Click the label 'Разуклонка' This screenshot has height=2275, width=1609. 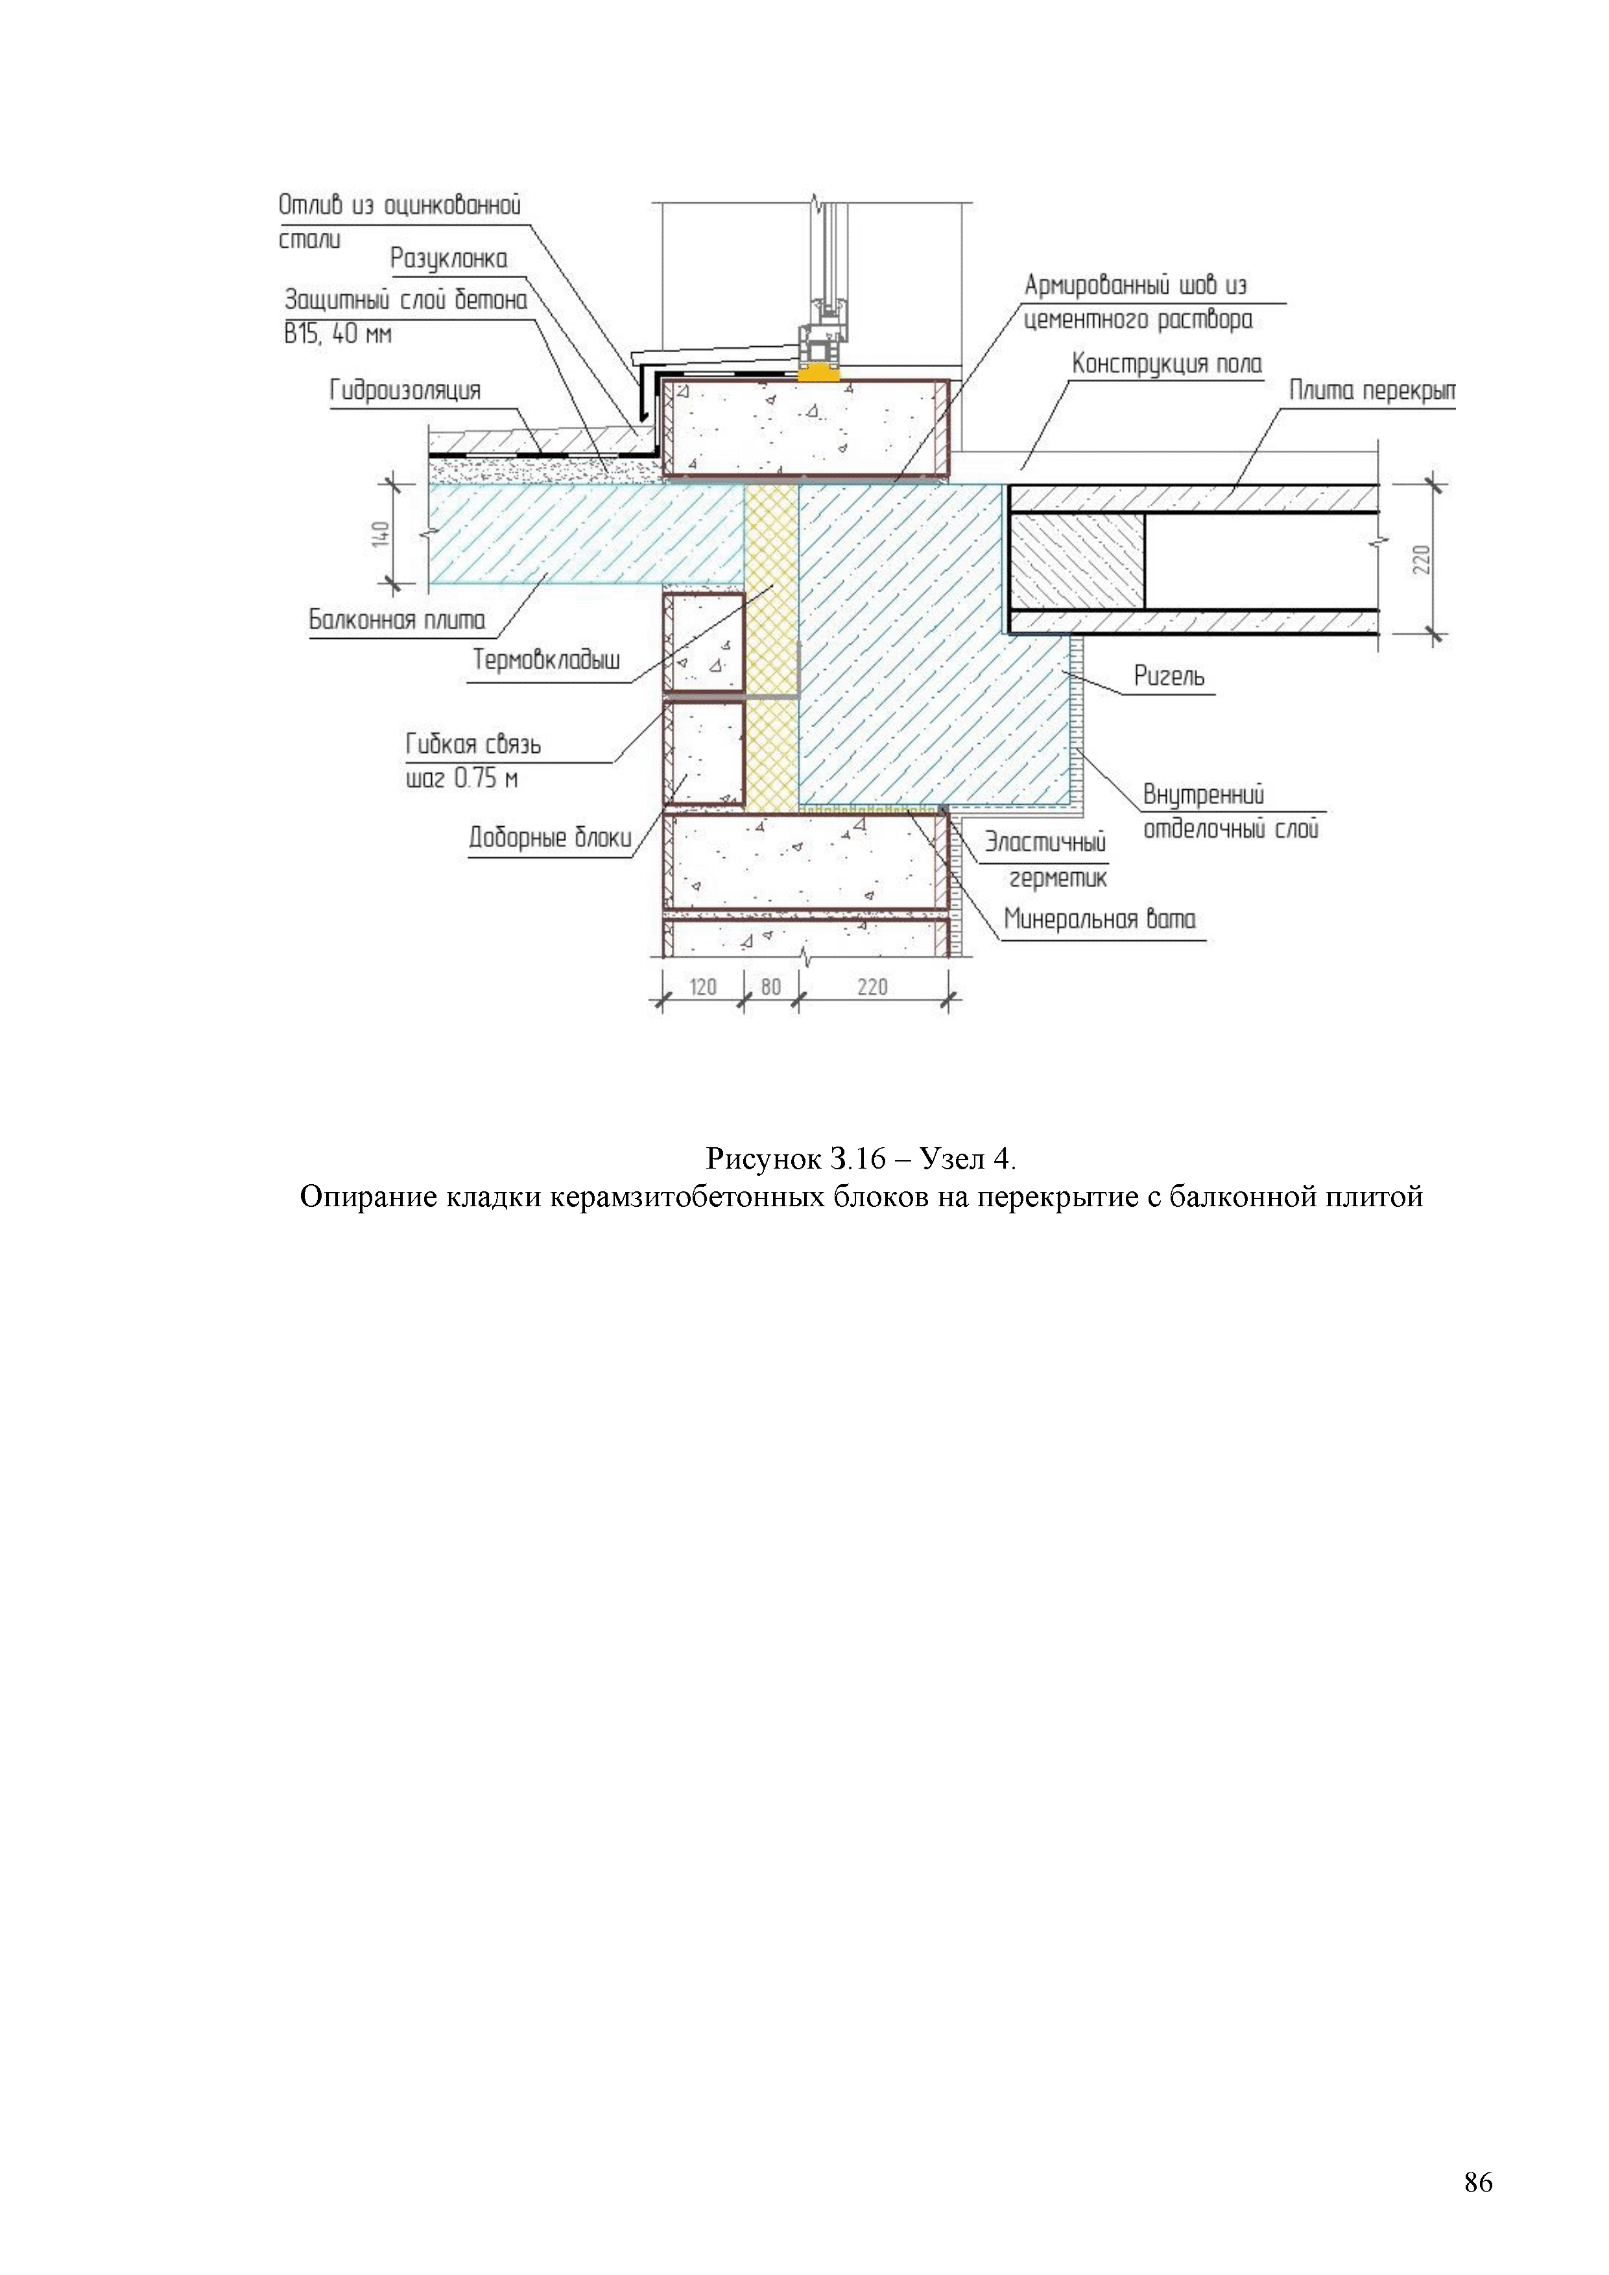[448, 259]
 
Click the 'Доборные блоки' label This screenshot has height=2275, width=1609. [550, 839]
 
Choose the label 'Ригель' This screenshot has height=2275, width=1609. [1169, 677]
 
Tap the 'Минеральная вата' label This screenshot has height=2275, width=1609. [1100, 920]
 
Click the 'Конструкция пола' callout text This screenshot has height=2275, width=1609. [1167, 364]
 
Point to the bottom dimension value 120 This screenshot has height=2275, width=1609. [702, 987]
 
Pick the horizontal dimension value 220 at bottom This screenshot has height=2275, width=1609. [872, 987]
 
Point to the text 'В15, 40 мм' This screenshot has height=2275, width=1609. [338, 334]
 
